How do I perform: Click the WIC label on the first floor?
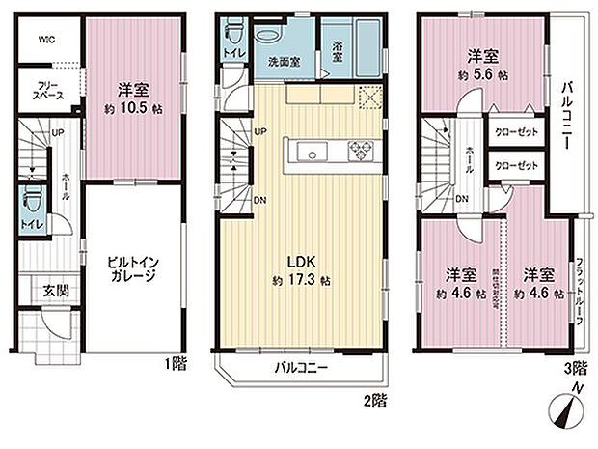coord(47,40)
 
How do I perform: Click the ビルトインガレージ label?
coord(131,267)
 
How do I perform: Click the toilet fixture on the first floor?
coord(32,204)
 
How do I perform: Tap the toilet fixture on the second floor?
coord(231,39)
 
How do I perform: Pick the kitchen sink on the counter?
coord(312,151)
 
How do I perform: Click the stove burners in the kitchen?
coord(360,151)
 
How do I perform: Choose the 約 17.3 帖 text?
coord(301,280)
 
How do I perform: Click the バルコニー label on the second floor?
coord(301,368)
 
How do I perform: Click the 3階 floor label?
coord(577,367)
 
